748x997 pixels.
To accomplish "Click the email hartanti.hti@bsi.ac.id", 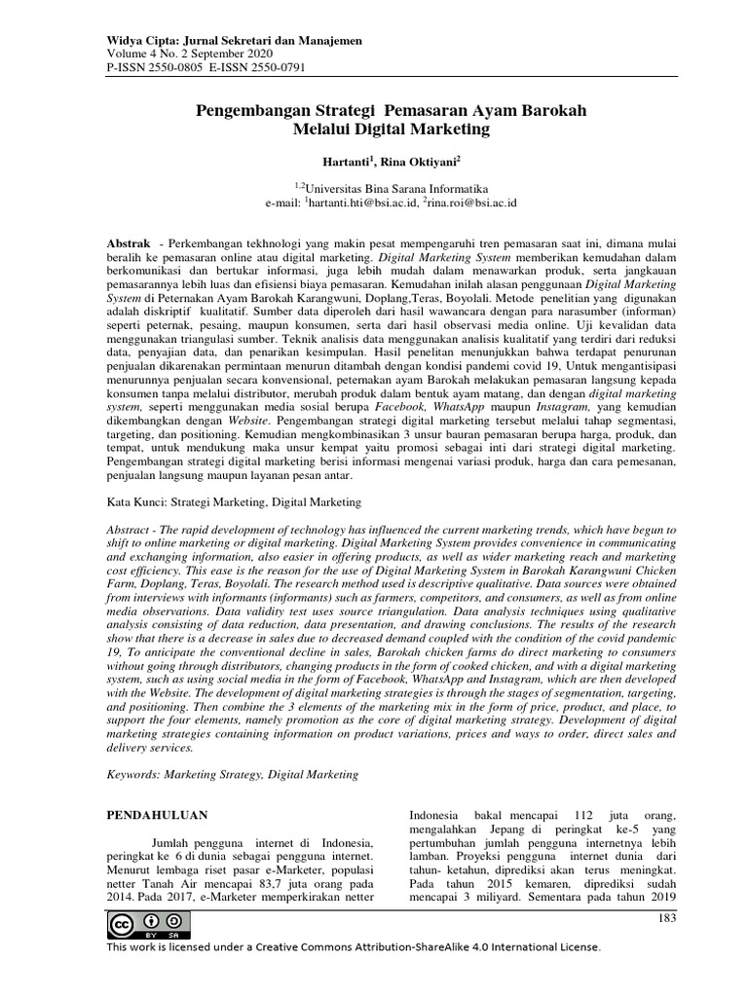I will (365, 203).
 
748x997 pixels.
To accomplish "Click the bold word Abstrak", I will (128, 240).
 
